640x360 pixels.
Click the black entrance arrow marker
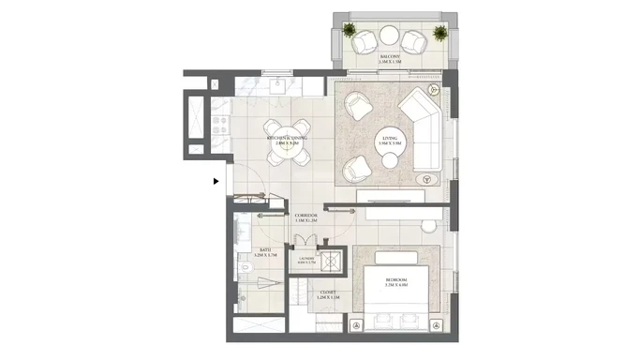click(216, 181)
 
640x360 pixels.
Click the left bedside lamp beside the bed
click(357, 324)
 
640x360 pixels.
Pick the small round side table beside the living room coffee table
click(390, 161)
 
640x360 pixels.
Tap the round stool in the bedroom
click(428, 226)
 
